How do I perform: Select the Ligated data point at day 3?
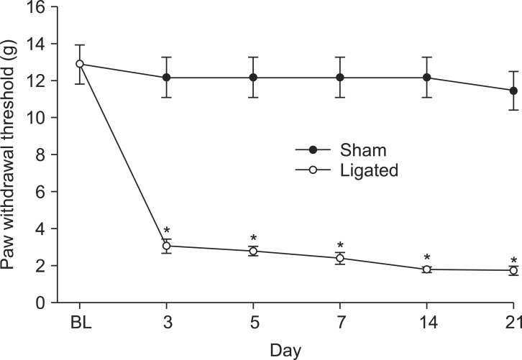pos(166,246)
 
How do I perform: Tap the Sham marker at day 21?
pos(513,91)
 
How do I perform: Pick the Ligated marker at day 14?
pos(426,269)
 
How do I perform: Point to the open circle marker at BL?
pos(80,64)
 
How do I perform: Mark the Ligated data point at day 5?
pos(253,251)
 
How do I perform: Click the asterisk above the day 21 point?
pos(513,261)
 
